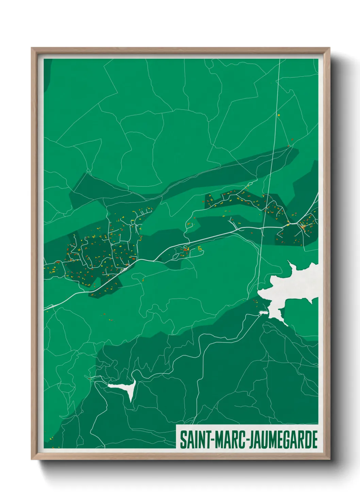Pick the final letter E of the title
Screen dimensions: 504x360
pos(314,440)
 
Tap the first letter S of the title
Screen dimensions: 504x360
pos(183,440)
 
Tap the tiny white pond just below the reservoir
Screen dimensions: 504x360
pos(262,312)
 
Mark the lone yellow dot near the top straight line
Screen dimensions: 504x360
pos(279,115)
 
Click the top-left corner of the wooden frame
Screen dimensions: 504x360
pos(32,48)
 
